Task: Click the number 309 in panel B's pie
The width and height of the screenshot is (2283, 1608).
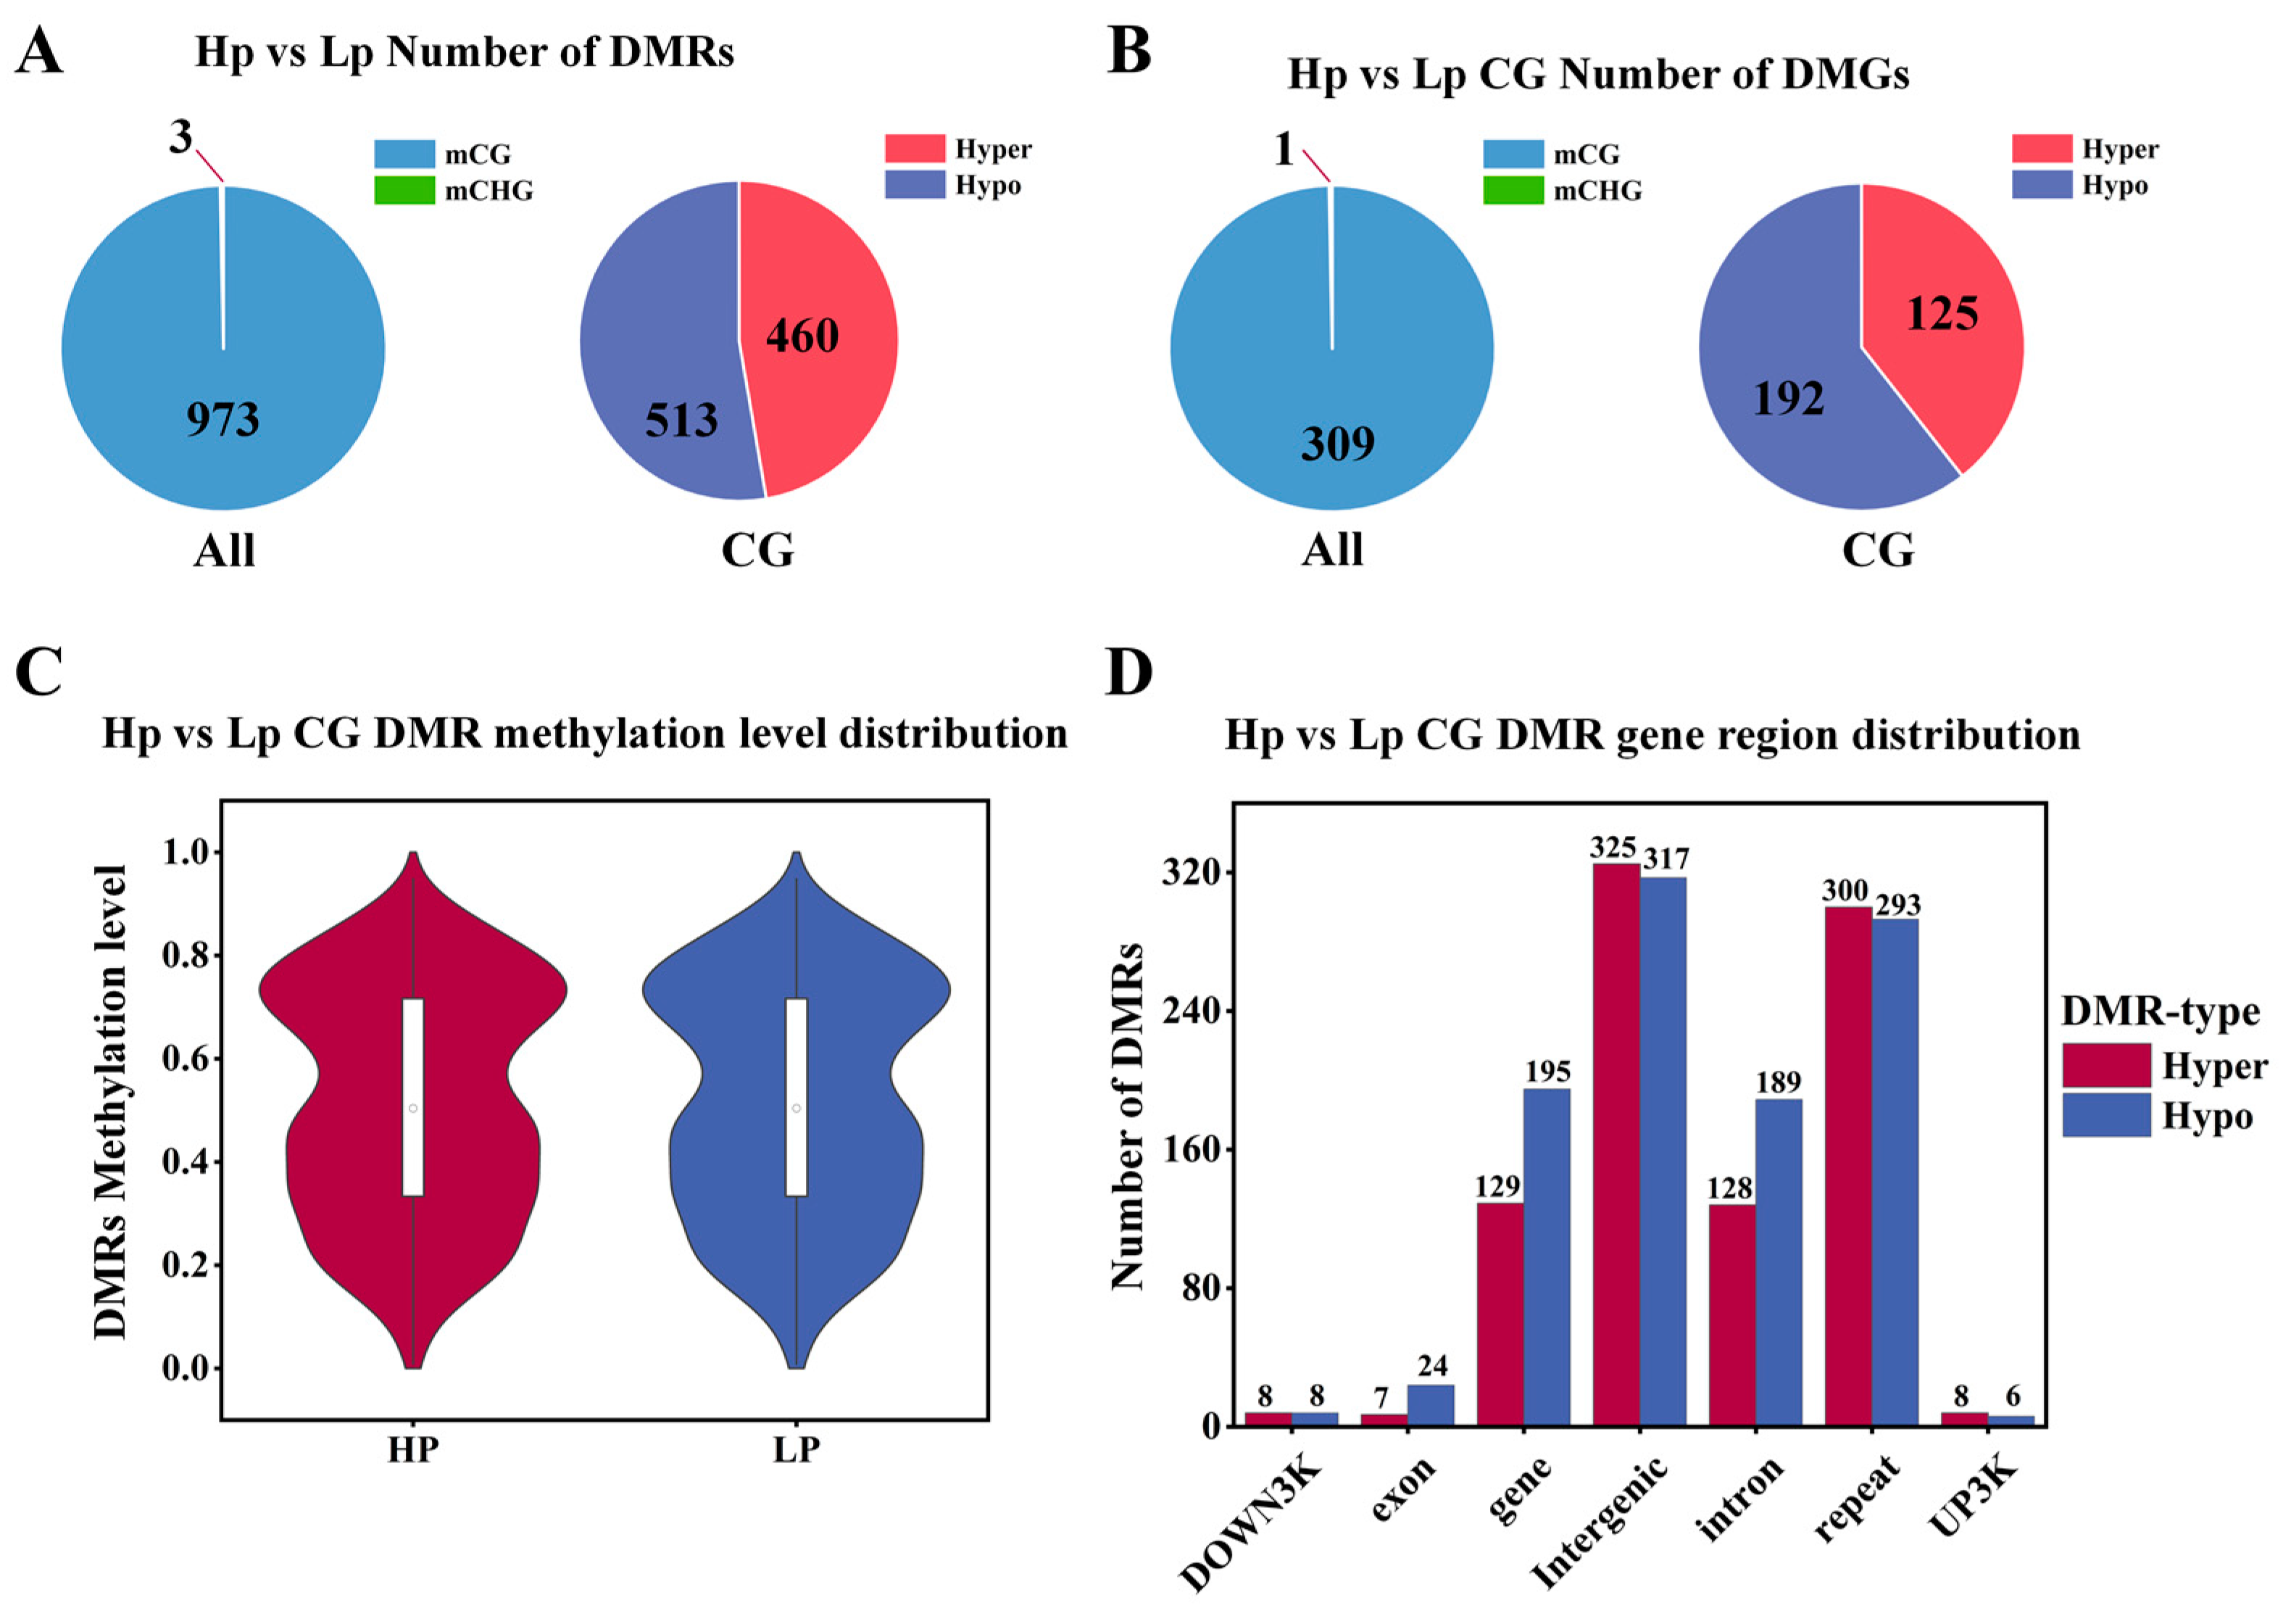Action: (1337, 444)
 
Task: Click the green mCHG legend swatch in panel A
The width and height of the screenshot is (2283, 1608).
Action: (404, 190)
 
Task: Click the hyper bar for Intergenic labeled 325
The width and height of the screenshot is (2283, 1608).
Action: (1615, 1143)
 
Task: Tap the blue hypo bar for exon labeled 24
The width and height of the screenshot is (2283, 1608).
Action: (1430, 1405)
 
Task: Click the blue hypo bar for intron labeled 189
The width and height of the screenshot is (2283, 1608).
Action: (1778, 1262)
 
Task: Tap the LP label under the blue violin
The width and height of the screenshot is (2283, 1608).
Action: (796, 1450)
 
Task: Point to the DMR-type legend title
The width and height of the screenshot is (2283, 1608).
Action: (2160, 1012)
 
